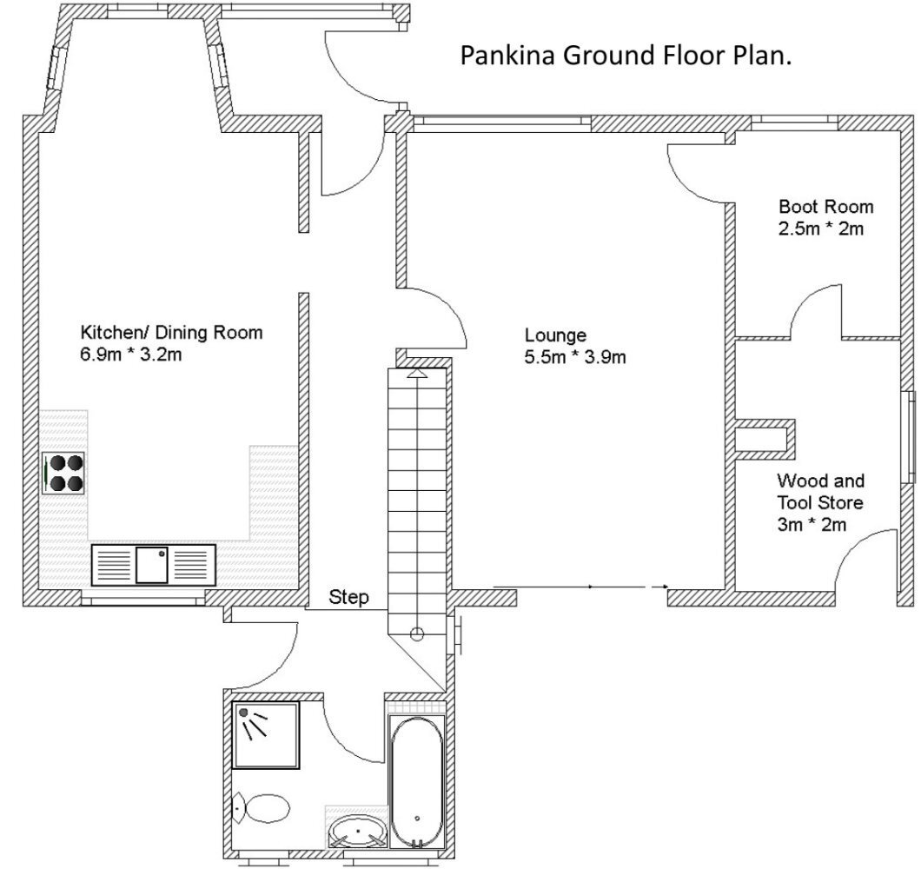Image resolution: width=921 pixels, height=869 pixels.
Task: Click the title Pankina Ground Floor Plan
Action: pos(626,56)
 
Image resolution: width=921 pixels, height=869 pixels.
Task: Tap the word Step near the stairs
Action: pos(349,598)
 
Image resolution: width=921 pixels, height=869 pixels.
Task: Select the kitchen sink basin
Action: pos(152,565)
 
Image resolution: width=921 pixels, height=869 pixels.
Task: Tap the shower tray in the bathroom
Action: pos(266,735)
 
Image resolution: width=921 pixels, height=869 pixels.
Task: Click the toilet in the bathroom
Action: pos(262,809)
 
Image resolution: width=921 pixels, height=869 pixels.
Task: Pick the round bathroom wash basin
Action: pos(356,831)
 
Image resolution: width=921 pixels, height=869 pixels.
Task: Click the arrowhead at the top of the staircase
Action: pos(416,373)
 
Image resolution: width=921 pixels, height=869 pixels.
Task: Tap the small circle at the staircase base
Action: pos(417,634)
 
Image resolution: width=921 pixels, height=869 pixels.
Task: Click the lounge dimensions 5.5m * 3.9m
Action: pos(575,357)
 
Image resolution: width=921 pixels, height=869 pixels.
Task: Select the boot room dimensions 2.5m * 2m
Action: pos(821,229)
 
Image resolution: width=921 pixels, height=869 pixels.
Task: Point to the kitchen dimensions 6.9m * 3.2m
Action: pos(131,355)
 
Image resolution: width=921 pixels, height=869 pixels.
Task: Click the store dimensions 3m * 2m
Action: pos(812,524)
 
